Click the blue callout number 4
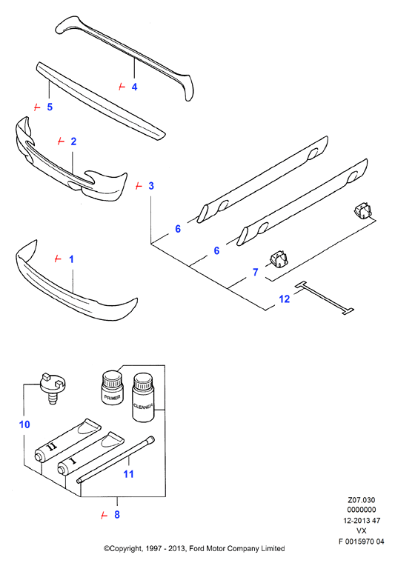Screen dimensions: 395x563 tap(134, 87)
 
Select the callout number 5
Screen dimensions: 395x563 tap(50, 107)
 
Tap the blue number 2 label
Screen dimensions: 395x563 tap(73, 141)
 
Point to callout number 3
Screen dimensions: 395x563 tap(151, 186)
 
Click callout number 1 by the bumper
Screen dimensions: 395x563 tap(71, 259)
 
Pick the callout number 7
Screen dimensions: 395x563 tap(256, 272)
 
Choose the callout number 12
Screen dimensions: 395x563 tap(284, 299)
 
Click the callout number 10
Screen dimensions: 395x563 tap(24, 424)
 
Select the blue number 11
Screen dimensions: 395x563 tap(128, 474)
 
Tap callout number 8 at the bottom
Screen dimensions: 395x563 tap(116, 515)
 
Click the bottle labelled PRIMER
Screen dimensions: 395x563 tap(112, 387)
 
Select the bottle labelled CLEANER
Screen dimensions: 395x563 tap(143, 397)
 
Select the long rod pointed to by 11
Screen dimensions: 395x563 tap(116, 459)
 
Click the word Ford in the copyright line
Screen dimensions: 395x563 tap(197, 548)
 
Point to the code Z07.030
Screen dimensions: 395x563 tap(361, 500)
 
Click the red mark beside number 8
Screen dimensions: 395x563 tap(104, 516)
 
